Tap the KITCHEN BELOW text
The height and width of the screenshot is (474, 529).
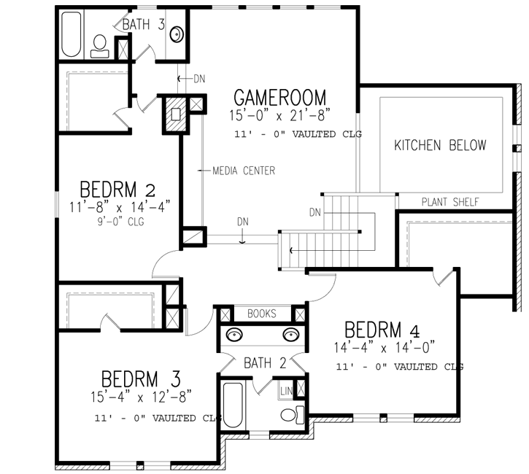440,145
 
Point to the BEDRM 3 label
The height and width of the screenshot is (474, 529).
141,379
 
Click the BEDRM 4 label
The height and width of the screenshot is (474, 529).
383,330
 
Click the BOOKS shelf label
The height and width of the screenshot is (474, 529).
262,314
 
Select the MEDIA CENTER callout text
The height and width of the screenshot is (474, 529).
244,171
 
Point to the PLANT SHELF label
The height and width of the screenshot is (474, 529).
450,202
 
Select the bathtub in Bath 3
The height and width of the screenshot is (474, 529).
71,34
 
